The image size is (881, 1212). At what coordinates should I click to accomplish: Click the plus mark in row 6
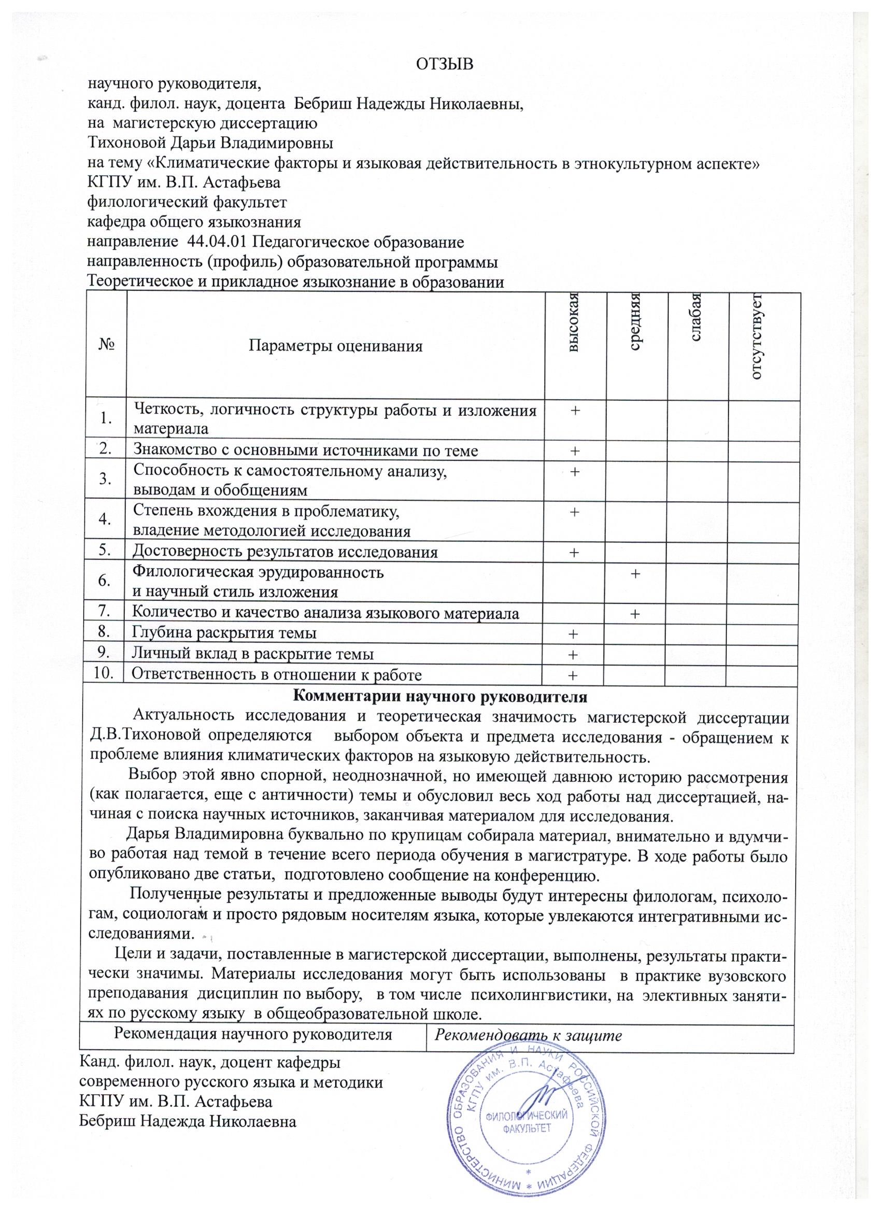click(635, 573)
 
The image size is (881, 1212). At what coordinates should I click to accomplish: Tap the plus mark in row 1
click(575, 410)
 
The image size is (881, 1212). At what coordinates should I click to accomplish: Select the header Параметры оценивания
click(335, 346)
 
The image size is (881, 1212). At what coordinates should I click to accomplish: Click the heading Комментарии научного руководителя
click(440, 697)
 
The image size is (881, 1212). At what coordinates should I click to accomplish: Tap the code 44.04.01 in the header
click(217, 242)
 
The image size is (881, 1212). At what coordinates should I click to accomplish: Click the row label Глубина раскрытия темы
click(224, 633)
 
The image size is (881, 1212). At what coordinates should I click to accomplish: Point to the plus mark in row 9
click(574, 655)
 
